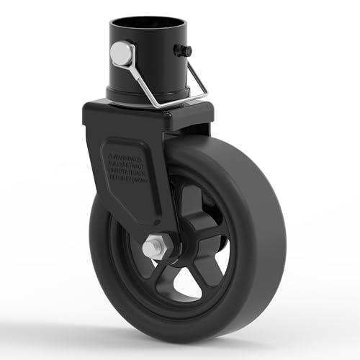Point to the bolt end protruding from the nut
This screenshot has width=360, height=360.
click(x=149, y=248)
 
